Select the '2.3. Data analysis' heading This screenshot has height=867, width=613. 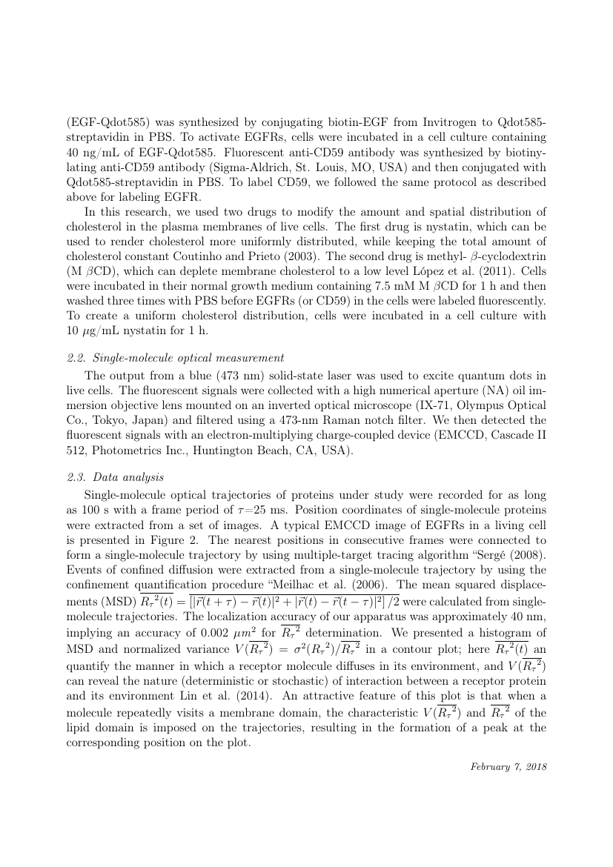click(116, 477)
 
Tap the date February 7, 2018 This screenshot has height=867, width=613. click(508, 765)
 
